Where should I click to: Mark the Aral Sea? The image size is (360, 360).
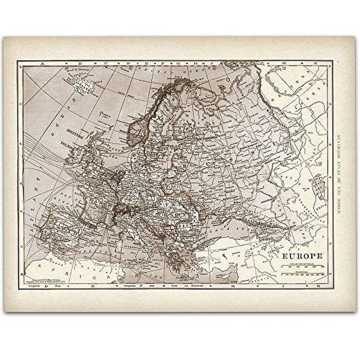coord(319,186)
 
